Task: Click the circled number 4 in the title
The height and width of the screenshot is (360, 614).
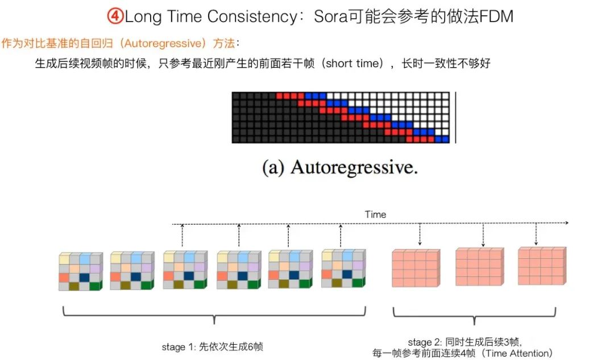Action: [x=115, y=16]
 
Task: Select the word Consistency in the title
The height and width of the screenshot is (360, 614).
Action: [x=252, y=17]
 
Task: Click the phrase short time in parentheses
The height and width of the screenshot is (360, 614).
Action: [x=354, y=63]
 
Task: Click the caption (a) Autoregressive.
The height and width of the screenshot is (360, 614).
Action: [x=340, y=167]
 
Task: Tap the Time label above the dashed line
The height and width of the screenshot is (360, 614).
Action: [x=376, y=214]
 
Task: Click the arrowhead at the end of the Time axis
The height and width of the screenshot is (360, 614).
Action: [x=566, y=223]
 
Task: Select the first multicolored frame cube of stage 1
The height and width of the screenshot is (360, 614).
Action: [x=81, y=271]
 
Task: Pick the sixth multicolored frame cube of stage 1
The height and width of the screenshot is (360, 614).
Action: [x=343, y=268]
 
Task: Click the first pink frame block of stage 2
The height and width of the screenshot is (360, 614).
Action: [x=416, y=268]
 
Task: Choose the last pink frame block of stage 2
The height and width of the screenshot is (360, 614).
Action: [x=542, y=266]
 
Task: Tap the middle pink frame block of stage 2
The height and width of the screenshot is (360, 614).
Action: [x=479, y=266]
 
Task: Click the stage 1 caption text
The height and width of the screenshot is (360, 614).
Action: [x=212, y=347]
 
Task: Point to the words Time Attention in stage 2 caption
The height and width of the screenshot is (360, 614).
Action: [x=517, y=353]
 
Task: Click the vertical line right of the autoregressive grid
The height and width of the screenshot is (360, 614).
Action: [x=456, y=118]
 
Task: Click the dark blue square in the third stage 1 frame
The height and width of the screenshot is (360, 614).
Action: [x=189, y=275]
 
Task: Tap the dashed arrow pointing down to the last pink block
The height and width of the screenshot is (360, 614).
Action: [x=536, y=234]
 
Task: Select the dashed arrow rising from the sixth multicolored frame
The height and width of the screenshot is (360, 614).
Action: [x=341, y=236]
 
